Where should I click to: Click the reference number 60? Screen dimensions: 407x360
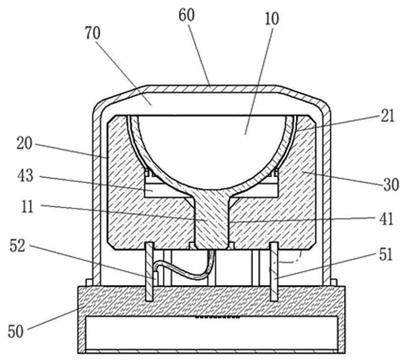coord(186,16)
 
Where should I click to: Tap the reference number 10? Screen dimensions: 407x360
coord(272,19)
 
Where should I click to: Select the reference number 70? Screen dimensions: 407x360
coord(93,34)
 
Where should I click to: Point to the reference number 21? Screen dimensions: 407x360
coord(387,116)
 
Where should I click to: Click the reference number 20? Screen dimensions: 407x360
coord(25,143)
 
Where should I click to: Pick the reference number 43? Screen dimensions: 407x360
coord(26,176)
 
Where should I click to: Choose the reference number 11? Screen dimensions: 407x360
coord(28,207)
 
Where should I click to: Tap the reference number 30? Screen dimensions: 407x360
coord(391,185)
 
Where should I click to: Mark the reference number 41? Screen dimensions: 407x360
coord(387,219)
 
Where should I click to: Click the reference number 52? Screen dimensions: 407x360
coord(18,246)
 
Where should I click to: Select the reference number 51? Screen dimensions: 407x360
coord(386,254)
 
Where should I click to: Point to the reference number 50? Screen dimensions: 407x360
coord(16,331)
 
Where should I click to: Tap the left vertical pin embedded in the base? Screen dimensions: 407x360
coord(149,271)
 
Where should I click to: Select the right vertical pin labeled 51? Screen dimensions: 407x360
coord(274,271)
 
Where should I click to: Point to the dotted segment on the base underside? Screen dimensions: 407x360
coord(218,317)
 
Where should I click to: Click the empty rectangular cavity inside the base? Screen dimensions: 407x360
coord(212,333)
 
